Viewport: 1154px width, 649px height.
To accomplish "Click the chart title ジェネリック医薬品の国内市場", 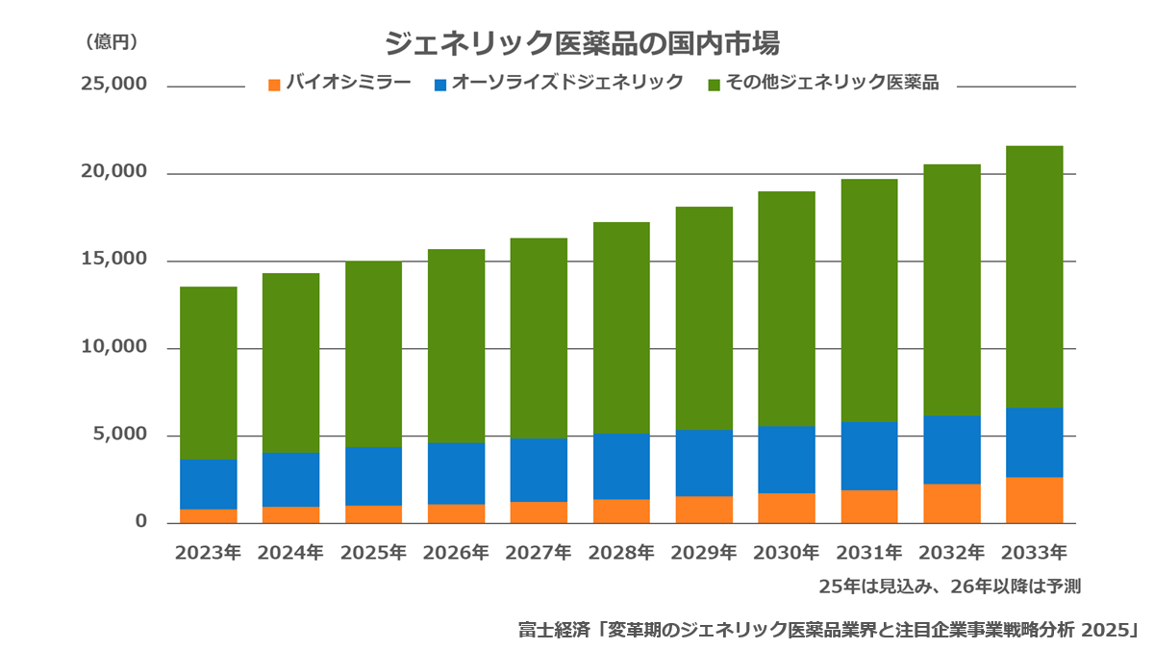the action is [582, 43].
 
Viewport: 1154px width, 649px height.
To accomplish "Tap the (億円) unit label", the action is [112, 41].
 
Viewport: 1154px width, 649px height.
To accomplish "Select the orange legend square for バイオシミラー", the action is [274, 85].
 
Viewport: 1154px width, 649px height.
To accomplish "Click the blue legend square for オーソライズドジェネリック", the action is [440, 85].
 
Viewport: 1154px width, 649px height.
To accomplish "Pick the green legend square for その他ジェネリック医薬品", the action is [714, 85].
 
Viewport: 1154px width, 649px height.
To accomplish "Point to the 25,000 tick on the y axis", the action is [113, 84].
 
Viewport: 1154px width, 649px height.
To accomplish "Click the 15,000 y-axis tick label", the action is [113, 259].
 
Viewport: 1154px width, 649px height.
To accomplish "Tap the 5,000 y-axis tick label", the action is [120, 434].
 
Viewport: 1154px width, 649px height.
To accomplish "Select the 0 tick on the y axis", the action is [141, 521].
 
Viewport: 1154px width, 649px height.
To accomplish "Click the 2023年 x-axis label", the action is [208, 553].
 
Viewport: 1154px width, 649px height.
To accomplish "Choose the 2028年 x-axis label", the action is [621, 553].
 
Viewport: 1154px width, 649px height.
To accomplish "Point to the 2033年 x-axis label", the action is [1034, 553].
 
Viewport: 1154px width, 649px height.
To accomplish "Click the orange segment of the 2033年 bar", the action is [1035, 500].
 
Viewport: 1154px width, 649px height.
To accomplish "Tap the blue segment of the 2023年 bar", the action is [209, 485].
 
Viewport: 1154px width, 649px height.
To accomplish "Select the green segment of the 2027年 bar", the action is [539, 338].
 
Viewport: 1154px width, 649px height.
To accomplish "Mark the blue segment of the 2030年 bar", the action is [787, 460].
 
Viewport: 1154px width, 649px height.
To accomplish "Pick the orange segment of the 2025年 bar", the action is [373, 514].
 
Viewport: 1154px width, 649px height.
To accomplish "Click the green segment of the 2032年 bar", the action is [952, 290].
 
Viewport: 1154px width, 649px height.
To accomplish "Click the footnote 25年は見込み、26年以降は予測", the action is [949, 587].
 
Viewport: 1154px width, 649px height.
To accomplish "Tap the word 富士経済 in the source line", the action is [554, 630].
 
